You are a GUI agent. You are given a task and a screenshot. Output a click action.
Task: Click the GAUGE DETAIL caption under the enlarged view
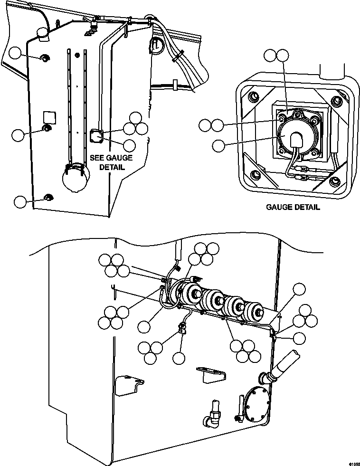pos(293,207)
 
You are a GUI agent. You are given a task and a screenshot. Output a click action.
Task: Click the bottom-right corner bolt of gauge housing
pos(335,181)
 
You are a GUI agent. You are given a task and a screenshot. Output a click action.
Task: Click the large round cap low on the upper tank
pos(75,179)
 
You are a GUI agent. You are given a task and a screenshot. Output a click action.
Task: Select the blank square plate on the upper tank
pos(50,116)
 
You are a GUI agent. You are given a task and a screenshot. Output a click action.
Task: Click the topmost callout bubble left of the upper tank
pos(17,53)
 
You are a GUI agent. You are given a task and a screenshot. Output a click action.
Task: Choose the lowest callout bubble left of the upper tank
pos(20,201)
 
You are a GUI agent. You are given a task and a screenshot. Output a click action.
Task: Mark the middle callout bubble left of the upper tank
pos(18,135)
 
